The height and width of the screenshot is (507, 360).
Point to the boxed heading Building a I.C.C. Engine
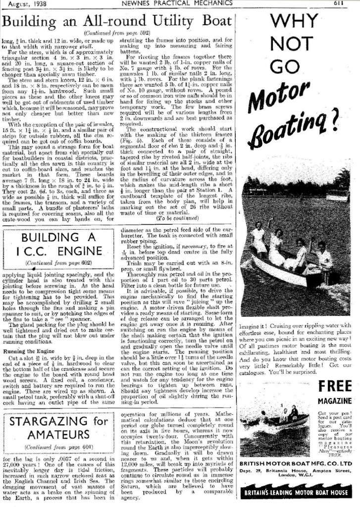pos(58,244)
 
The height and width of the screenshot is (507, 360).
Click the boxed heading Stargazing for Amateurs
pos(58,428)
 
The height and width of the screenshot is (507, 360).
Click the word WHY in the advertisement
pos(299,22)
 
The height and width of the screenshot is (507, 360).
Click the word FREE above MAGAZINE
pos(335,386)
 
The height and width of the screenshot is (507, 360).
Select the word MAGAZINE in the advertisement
pos(335,401)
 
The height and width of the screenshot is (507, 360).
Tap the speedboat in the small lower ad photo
pos(287,421)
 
